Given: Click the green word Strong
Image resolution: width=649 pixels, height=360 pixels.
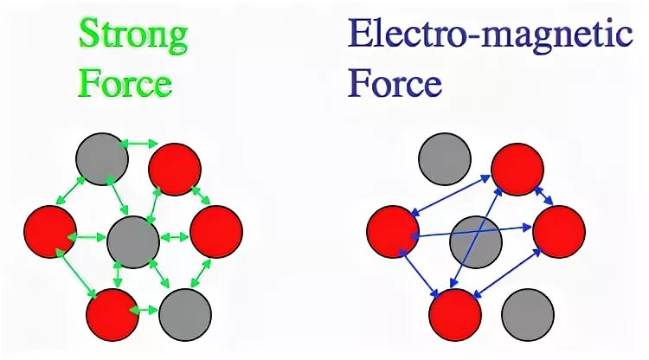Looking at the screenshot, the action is click(x=132, y=35).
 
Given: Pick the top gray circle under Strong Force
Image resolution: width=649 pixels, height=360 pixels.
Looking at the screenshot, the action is click(x=101, y=158).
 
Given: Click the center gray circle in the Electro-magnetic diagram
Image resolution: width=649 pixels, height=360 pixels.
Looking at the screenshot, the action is click(x=476, y=241).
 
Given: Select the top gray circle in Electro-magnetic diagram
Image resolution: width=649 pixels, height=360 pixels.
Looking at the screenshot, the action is click(x=445, y=158).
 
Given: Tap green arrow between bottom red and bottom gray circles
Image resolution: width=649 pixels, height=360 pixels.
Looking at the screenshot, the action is click(x=149, y=309).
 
